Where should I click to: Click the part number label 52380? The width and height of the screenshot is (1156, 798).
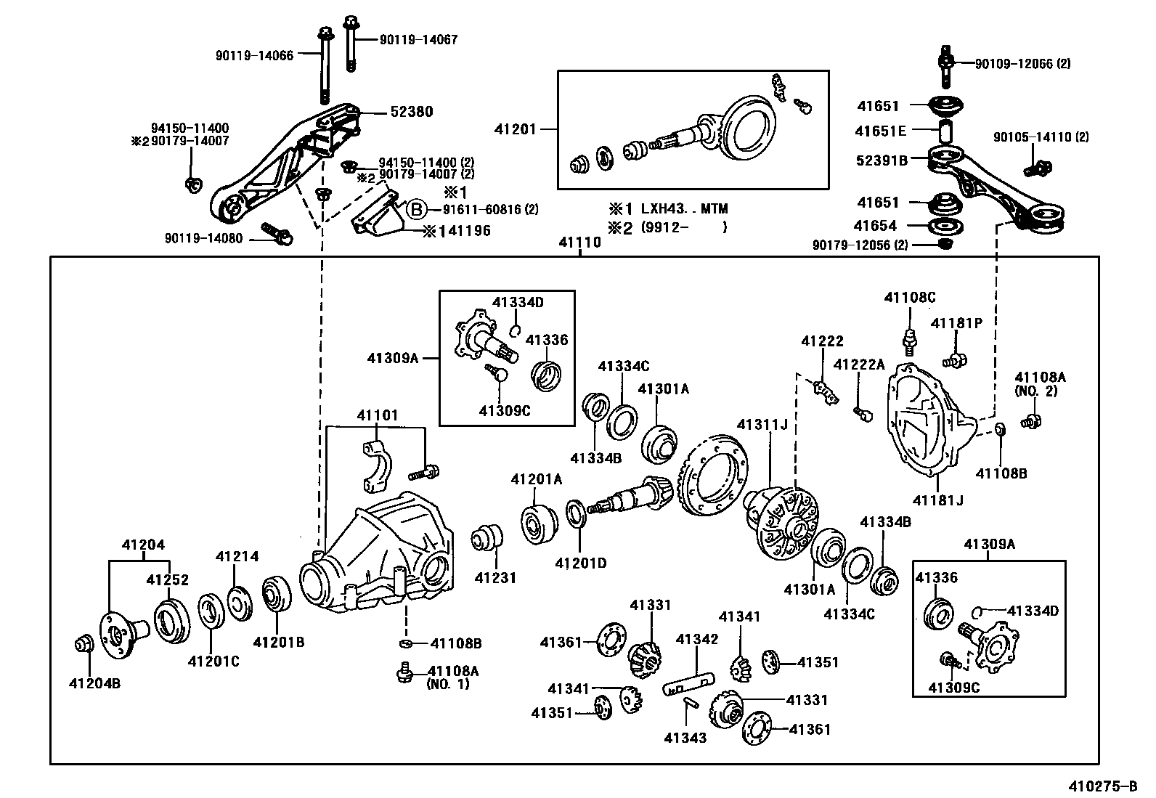click(x=411, y=112)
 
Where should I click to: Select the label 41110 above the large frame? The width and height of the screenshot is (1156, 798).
click(x=579, y=243)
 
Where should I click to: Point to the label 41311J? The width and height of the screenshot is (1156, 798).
click(x=762, y=424)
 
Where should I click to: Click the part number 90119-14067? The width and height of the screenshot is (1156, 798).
click(x=418, y=40)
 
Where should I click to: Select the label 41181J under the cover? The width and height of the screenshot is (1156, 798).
click(x=937, y=500)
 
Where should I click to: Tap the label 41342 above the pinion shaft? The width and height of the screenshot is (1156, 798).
click(x=697, y=639)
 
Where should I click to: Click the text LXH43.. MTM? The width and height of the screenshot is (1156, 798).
click(x=683, y=209)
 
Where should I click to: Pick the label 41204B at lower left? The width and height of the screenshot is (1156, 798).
click(x=94, y=683)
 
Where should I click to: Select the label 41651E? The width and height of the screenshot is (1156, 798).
click(x=880, y=131)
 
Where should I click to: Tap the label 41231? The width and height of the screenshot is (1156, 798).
click(x=495, y=578)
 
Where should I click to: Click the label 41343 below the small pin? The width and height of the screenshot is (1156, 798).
click(x=685, y=738)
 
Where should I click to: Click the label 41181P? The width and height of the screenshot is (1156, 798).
click(x=956, y=323)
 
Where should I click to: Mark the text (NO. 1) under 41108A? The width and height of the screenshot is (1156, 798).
click(x=448, y=684)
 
